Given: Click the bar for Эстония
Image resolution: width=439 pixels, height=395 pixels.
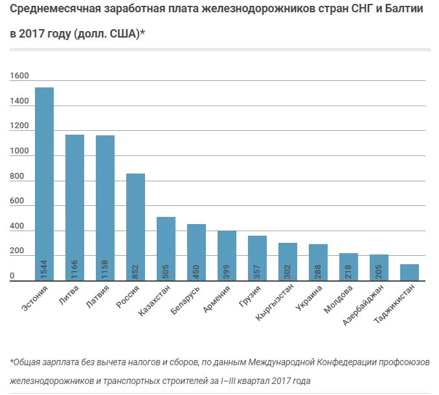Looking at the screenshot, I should pos(44,185).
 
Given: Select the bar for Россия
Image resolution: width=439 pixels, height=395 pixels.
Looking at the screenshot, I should pos(135,227).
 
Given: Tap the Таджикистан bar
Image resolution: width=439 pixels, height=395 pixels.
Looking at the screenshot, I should pos(409,273).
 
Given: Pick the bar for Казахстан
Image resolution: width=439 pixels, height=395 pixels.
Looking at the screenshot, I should pos(166,249).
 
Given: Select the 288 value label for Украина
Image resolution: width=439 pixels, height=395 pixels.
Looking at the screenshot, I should pos(319,270).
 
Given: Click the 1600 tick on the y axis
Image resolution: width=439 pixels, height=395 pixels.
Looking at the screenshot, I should pos(19,76).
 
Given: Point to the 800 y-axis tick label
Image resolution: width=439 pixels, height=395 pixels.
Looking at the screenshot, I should pos(17,177).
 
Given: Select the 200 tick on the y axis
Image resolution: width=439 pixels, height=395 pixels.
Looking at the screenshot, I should pos(17,252).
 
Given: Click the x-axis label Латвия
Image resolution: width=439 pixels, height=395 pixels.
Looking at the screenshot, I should pos(100,299).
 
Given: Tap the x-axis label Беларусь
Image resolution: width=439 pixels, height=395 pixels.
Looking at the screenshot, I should pos(188,302).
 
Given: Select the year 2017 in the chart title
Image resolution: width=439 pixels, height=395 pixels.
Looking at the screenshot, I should pos(35,34).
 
